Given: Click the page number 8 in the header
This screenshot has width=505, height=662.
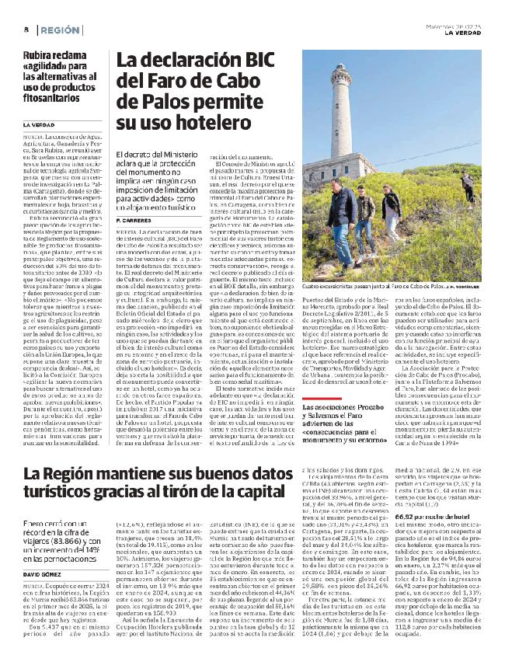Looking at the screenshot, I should (x=26, y=30).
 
